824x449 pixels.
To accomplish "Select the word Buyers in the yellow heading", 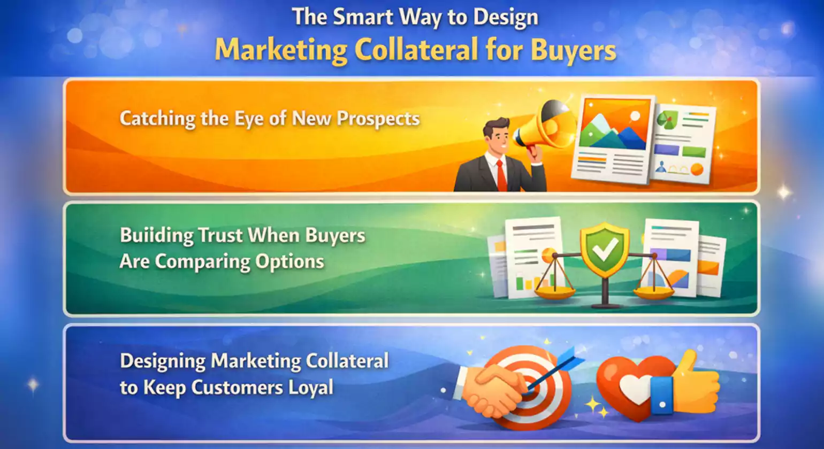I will [573, 50].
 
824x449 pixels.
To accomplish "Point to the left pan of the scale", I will [555, 292].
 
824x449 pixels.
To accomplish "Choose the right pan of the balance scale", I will [653, 292].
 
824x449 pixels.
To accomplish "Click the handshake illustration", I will [492, 389].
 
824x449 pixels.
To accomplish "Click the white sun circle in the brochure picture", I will [635, 115].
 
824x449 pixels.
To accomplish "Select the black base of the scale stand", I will [605, 306].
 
